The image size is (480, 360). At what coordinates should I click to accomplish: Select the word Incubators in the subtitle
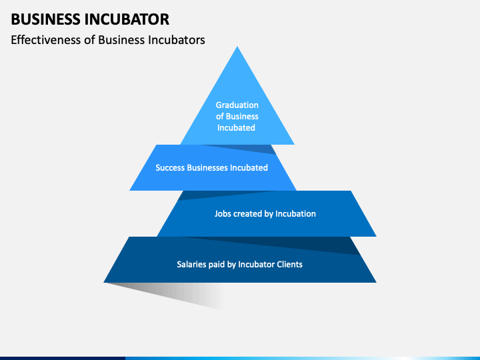point(172,39)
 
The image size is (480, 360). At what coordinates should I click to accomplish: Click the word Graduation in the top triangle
point(237,105)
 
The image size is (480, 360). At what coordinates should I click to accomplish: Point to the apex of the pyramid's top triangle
point(237,47)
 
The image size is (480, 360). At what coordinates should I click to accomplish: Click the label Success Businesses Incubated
point(211,167)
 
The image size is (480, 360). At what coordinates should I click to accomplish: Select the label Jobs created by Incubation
point(265,214)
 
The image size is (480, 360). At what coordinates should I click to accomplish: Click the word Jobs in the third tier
point(223,214)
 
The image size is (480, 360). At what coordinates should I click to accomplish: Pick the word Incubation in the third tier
point(295,214)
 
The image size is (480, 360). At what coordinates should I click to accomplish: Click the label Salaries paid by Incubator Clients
point(239,264)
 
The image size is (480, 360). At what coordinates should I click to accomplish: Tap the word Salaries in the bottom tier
point(193,264)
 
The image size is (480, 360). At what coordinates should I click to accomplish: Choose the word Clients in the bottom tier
point(287,264)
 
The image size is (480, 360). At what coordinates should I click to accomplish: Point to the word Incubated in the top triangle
point(237,127)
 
